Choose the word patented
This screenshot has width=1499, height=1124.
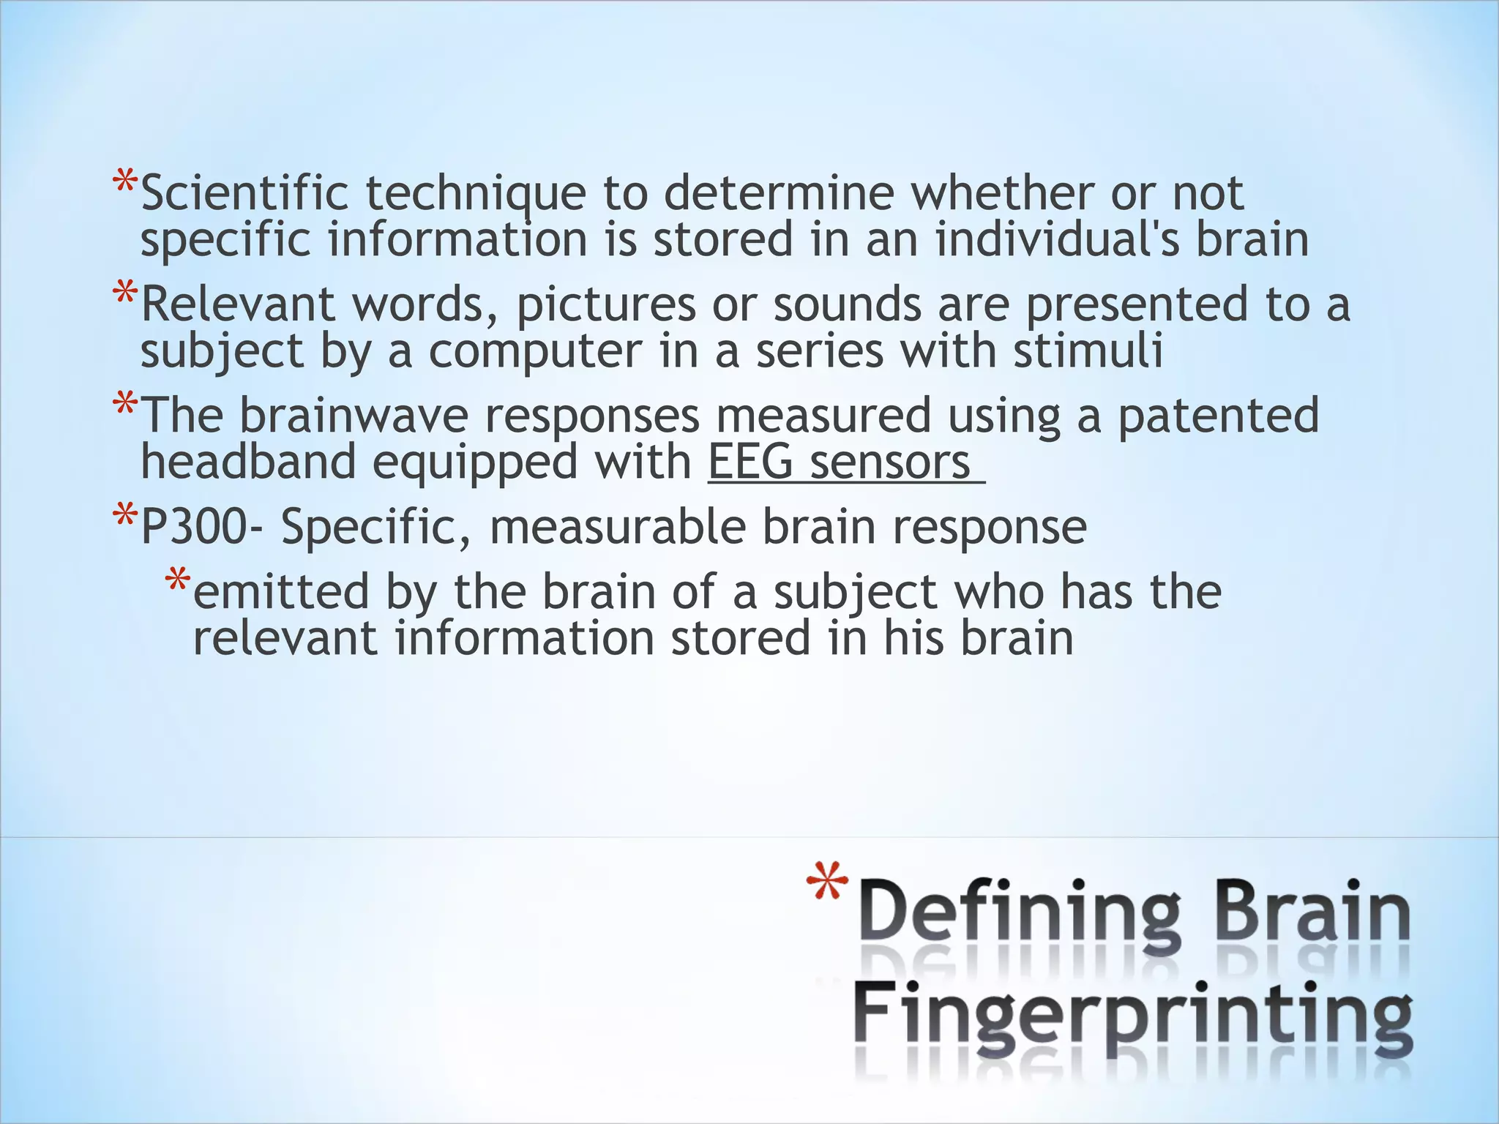pos(1218,416)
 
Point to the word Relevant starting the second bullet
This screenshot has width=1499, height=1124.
pos(238,304)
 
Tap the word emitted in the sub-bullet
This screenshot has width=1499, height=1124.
pos(281,591)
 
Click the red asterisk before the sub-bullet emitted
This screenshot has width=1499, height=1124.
pos(177,582)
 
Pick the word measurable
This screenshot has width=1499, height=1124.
pos(618,527)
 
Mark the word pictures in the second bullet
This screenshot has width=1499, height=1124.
pos(606,304)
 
